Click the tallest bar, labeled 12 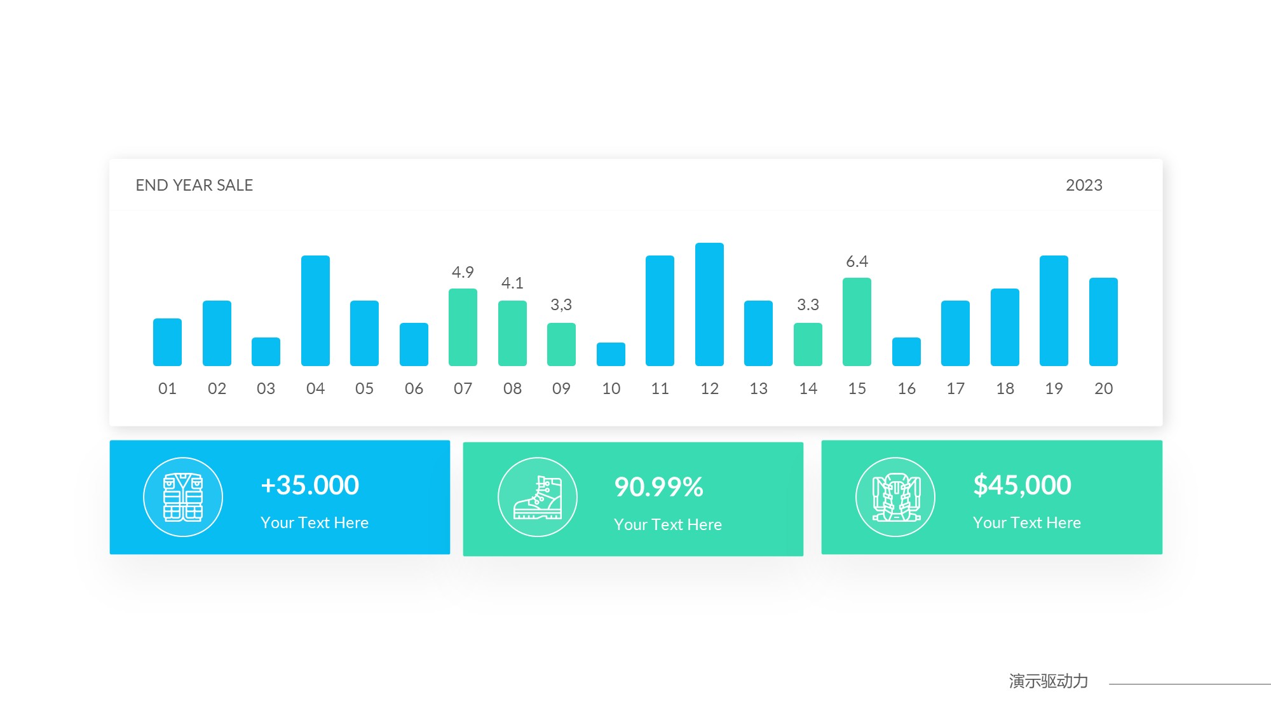[709, 304]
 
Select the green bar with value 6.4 [857, 322]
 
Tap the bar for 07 [463, 327]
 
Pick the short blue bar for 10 [611, 355]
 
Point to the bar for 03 [266, 351]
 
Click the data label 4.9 [463, 272]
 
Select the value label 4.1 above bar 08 [512, 283]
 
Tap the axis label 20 [1103, 388]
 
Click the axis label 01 [167, 388]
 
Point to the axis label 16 [906, 388]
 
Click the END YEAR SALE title [194, 185]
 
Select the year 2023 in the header [1084, 185]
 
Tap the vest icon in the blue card [183, 497]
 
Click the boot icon [538, 497]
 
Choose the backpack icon [895, 497]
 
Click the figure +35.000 [310, 485]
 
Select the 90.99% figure [659, 487]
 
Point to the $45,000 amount [1022, 485]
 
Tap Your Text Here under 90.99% [668, 524]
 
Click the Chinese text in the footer [1048, 681]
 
